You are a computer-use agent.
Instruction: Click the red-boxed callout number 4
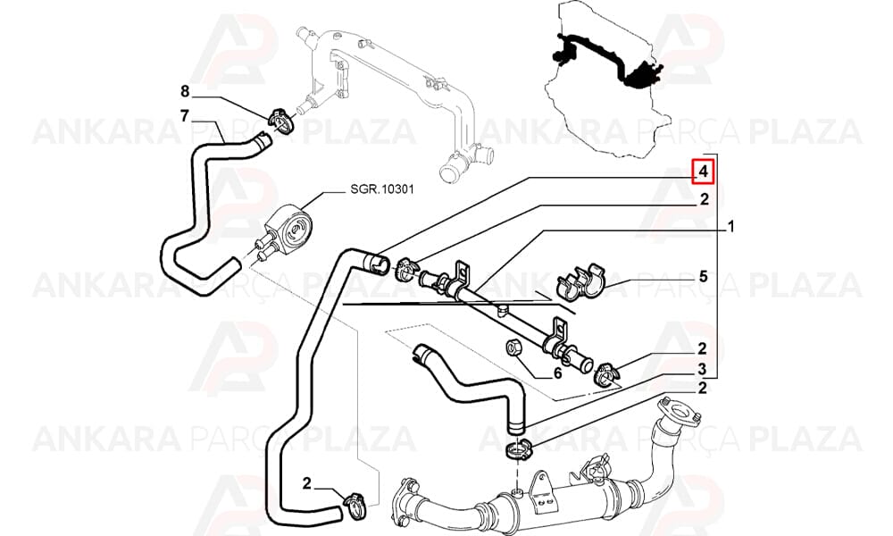(704, 172)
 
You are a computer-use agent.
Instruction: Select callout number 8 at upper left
(184, 91)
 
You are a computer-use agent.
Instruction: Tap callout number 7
(184, 115)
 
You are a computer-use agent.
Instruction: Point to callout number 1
(731, 227)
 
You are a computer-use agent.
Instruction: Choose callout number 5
(704, 276)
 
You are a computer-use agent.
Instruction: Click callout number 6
(557, 373)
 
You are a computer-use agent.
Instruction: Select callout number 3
(702, 369)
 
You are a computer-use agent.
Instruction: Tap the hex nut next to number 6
(513, 347)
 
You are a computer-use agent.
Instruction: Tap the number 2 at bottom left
(306, 483)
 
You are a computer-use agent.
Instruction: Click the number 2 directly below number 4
(704, 199)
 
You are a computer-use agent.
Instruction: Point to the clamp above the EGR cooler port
(520, 449)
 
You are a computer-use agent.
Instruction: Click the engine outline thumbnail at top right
(605, 78)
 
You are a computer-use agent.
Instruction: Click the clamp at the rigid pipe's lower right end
(605, 374)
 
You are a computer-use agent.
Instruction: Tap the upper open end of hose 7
(263, 139)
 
